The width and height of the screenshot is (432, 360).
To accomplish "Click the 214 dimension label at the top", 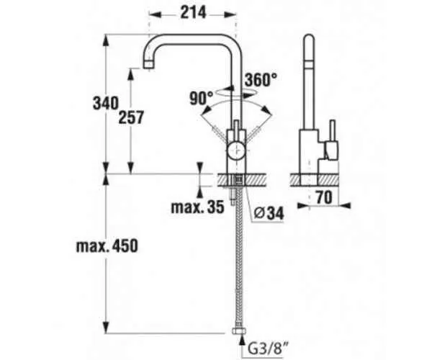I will (192, 12).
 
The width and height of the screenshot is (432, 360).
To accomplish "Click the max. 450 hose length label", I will (106, 246).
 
